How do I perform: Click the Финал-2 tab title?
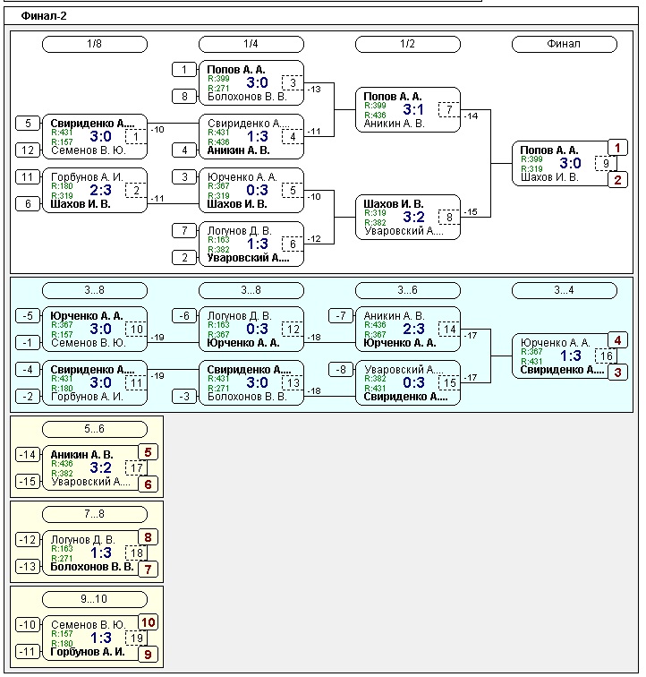point(44,15)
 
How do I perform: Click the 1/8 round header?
point(95,44)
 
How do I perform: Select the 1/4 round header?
point(251,44)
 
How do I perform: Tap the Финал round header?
point(564,44)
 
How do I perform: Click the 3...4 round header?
point(564,290)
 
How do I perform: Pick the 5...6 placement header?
point(95,429)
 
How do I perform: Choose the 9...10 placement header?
point(95,599)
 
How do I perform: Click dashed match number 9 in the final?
point(606,163)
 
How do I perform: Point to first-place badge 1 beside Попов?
point(617,149)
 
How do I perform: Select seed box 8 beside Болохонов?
point(183,97)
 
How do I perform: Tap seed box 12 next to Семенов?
point(27,150)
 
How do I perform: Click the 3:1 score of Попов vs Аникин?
point(412,110)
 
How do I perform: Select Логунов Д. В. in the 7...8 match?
point(83,539)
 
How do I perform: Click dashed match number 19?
point(136,638)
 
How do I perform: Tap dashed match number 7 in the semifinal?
point(448,109)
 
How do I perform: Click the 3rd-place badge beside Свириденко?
point(617,371)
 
